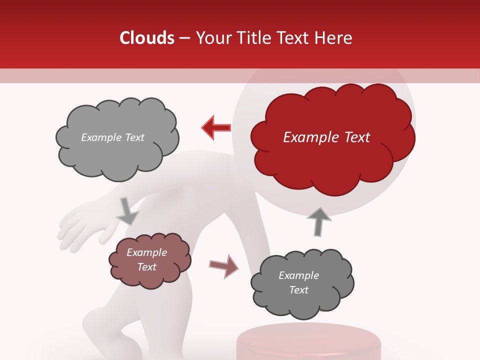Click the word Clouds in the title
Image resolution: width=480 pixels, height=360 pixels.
click(x=146, y=38)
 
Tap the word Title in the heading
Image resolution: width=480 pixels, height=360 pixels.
click(x=254, y=38)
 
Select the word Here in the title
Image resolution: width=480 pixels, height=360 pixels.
click(x=334, y=38)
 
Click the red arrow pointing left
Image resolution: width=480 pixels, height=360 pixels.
click(x=216, y=128)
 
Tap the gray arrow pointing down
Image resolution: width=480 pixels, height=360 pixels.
click(x=127, y=210)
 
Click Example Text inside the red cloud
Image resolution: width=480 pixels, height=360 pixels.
click(x=326, y=137)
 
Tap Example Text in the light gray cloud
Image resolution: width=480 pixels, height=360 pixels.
click(x=112, y=137)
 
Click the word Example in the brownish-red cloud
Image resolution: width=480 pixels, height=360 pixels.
click(x=146, y=252)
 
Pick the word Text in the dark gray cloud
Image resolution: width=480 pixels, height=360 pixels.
click(x=298, y=290)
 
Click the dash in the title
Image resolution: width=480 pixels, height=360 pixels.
click(x=184, y=38)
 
